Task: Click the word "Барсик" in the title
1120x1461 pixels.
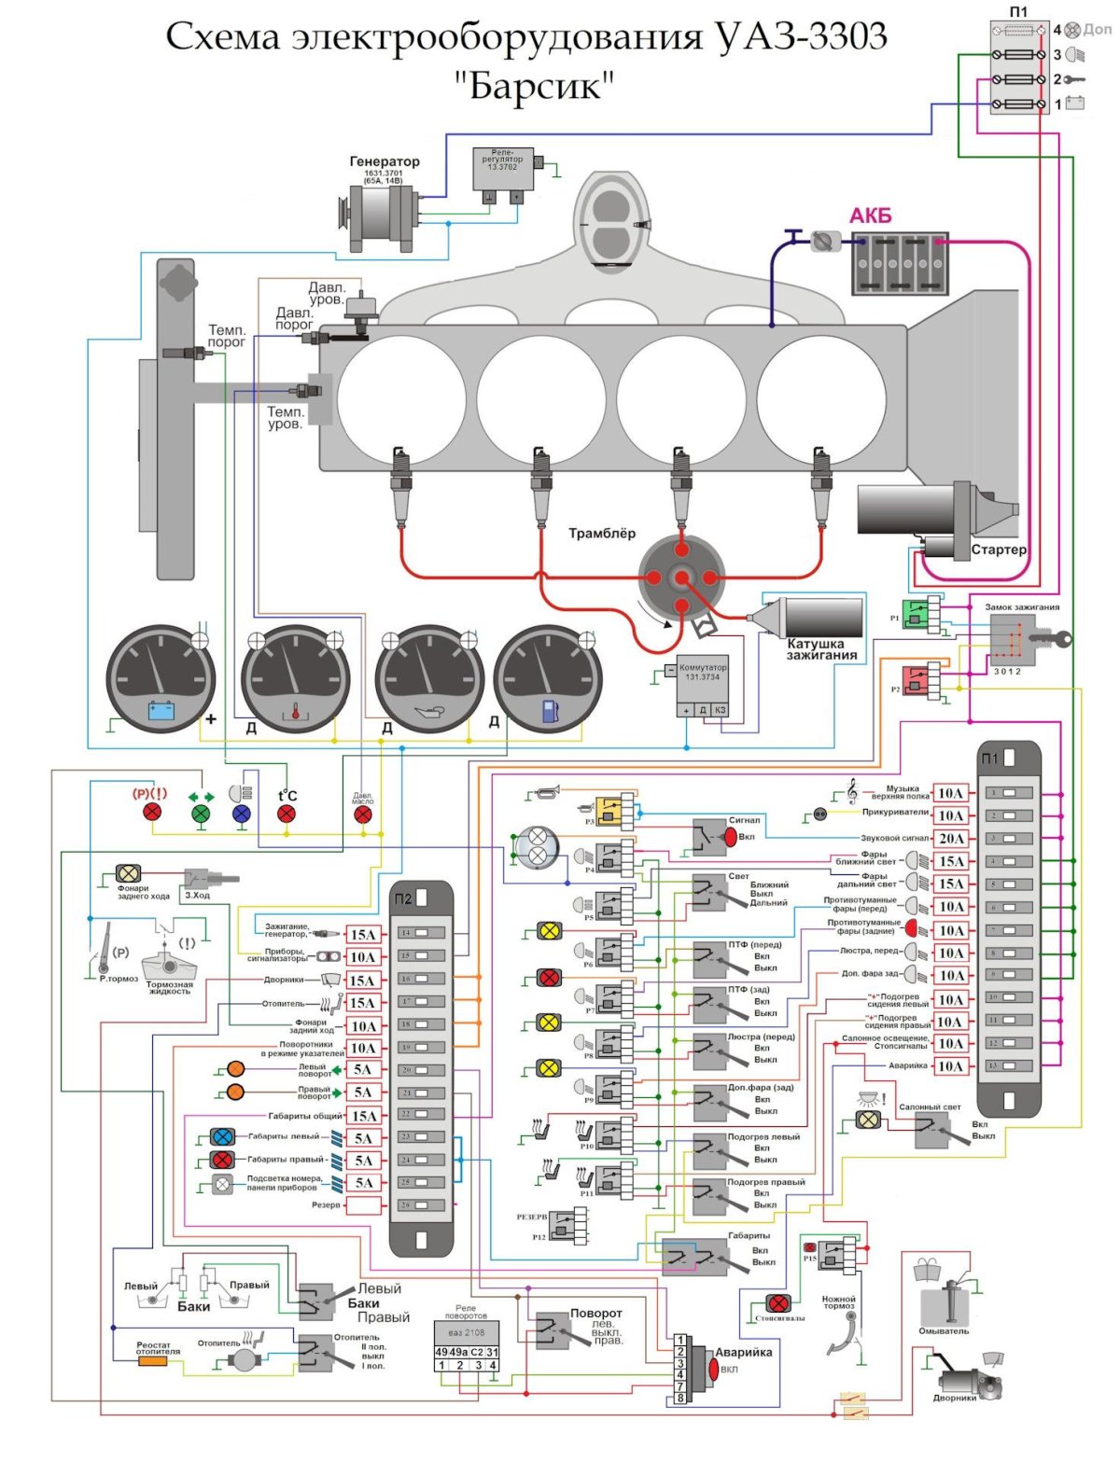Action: coord(535,86)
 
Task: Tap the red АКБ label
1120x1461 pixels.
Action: coord(870,216)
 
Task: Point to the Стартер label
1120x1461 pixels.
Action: coord(998,550)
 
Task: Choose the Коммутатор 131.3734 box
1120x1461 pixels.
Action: coord(702,688)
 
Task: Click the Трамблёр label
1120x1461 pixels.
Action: coord(602,534)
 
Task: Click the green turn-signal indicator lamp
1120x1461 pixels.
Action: coord(201,814)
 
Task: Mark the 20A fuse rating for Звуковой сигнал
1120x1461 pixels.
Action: coord(950,839)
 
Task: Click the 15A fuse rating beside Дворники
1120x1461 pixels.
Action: coord(361,981)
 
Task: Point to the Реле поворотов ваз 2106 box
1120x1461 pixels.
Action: coord(467,1343)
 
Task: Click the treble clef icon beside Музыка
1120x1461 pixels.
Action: coord(851,791)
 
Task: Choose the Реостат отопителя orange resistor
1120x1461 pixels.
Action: coord(153,1361)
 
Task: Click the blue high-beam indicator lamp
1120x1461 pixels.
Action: coord(242,814)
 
